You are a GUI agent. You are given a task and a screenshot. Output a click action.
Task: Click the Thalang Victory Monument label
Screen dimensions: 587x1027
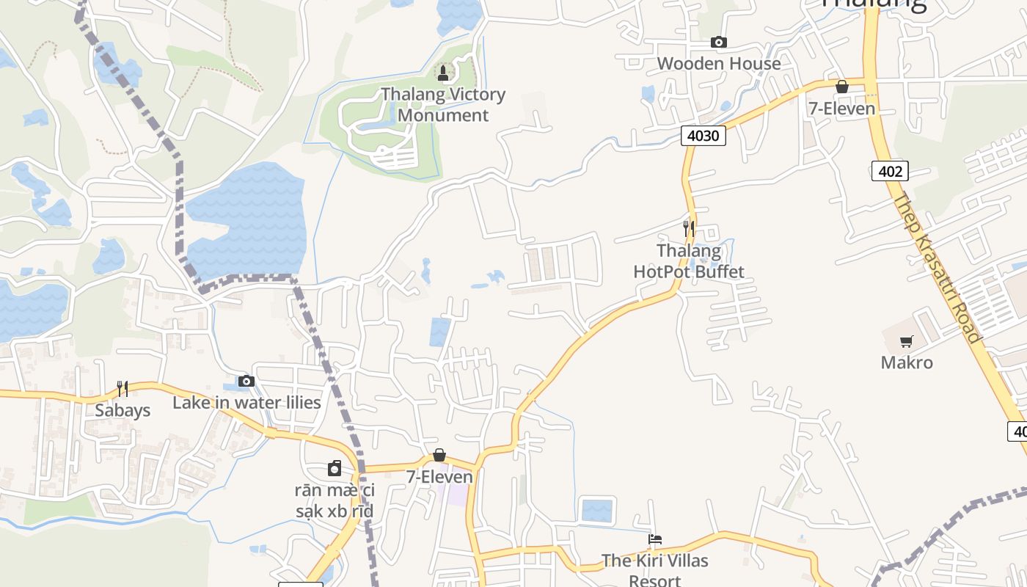click(x=443, y=105)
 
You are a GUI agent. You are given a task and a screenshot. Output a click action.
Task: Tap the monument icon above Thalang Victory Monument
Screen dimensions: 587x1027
click(x=442, y=73)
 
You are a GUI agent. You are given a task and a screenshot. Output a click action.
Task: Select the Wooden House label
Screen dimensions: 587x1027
click(x=719, y=64)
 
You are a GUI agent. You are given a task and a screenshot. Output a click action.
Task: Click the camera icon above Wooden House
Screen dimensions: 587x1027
click(x=719, y=42)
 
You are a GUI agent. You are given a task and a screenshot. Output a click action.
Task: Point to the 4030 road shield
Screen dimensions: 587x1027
click(x=703, y=135)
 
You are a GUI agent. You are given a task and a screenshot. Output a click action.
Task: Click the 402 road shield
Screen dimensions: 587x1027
click(x=890, y=171)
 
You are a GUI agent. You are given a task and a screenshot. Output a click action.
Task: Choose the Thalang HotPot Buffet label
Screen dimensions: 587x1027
click(x=689, y=261)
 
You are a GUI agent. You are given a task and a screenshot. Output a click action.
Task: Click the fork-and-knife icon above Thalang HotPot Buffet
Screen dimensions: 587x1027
click(x=688, y=228)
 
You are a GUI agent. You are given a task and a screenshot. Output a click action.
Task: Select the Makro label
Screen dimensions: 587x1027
click(x=907, y=362)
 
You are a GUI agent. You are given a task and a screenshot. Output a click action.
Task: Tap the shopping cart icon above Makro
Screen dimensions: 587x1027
click(x=907, y=341)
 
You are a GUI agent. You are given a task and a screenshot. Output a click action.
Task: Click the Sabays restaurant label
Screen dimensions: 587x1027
click(x=123, y=410)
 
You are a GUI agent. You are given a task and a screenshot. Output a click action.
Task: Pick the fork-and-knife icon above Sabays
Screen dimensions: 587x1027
click(x=123, y=388)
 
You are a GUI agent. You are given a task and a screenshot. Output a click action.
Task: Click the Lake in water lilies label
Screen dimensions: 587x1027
click(x=246, y=403)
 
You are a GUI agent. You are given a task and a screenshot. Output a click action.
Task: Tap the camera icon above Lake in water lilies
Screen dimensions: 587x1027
click(x=246, y=381)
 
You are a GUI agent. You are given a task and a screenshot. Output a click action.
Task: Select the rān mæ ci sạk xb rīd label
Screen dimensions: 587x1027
click(x=335, y=500)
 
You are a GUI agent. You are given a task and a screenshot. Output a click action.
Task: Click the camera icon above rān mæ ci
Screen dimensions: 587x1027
click(x=335, y=468)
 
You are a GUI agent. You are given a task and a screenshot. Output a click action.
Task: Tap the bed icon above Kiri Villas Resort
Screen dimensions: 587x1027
click(x=655, y=539)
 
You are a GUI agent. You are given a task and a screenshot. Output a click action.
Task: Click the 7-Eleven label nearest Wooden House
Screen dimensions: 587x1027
click(x=841, y=109)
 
